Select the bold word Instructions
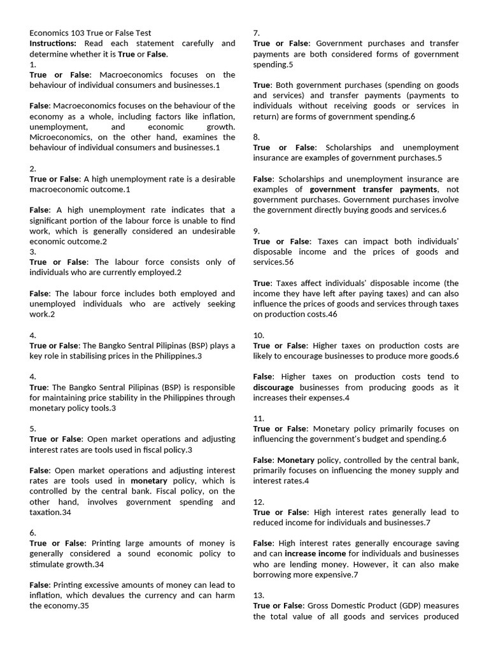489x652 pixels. click(x=52, y=43)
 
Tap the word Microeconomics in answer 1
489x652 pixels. click(x=59, y=137)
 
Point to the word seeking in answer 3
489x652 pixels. click(x=217, y=304)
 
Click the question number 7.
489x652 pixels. click(x=256, y=33)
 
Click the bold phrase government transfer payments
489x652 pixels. click(x=373, y=189)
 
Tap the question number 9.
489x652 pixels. click(x=256, y=231)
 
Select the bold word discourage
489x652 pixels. click(x=273, y=387)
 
